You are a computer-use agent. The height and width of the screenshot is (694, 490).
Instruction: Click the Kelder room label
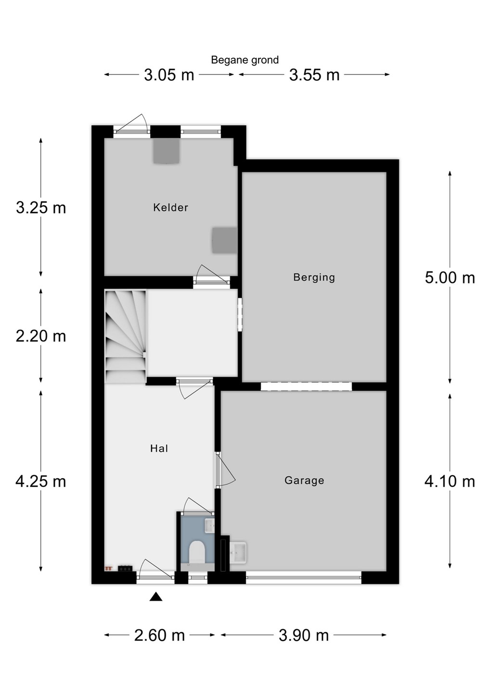[x=170, y=207]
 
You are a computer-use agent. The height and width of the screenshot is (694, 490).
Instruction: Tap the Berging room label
[x=314, y=277]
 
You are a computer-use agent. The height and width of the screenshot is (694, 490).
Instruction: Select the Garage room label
[x=304, y=480]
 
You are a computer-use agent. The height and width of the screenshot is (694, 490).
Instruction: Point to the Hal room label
[x=159, y=448]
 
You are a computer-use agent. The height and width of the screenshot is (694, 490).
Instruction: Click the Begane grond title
[x=245, y=60]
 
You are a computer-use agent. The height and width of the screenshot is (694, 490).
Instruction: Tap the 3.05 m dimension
[x=169, y=75]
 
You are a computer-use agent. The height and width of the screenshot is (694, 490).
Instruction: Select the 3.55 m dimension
[x=314, y=75]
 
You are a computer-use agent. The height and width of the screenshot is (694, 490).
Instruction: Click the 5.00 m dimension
[x=450, y=278]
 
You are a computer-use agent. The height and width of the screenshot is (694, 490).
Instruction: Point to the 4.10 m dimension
[x=450, y=481]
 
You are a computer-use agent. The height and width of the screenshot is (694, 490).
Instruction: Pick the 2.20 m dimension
[x=41, y=336]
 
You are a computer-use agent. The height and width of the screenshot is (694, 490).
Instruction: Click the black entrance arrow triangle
[x=156, y=597]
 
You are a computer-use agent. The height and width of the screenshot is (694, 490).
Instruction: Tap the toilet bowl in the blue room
[x=197, y=552]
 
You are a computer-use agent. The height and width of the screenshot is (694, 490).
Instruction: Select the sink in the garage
[x=238, y=552]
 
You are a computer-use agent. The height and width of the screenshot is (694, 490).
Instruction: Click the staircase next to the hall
[x=126, y=336]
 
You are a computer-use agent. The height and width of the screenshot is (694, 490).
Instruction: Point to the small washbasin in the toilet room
[x=210, y=526]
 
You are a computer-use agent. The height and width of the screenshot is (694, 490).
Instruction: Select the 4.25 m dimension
[x=41, y=481]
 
